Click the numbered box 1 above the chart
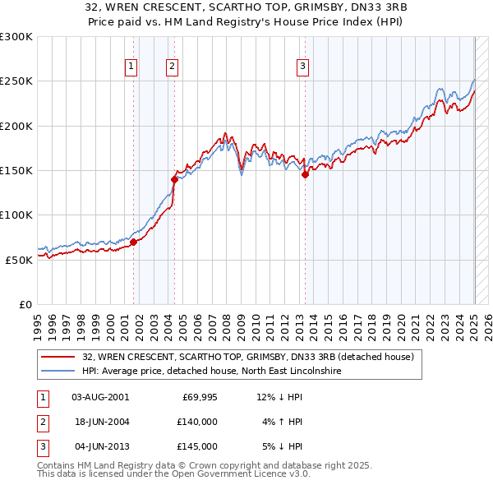click(x=131, y=67)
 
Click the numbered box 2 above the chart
click(x=173, y=67)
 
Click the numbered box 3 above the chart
click(x=302, y=67)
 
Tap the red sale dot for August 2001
click(x=133, y=242)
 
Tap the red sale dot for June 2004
click(x=174, y=179)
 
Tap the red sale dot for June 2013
click(x=305, y=174)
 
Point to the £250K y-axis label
click(x=16, y=81)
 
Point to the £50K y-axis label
click(x=18, y=260)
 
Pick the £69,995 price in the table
click(x=199, y=397)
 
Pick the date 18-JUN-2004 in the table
click(x=101, y=422)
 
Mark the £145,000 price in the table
click(x=198, y=446)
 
